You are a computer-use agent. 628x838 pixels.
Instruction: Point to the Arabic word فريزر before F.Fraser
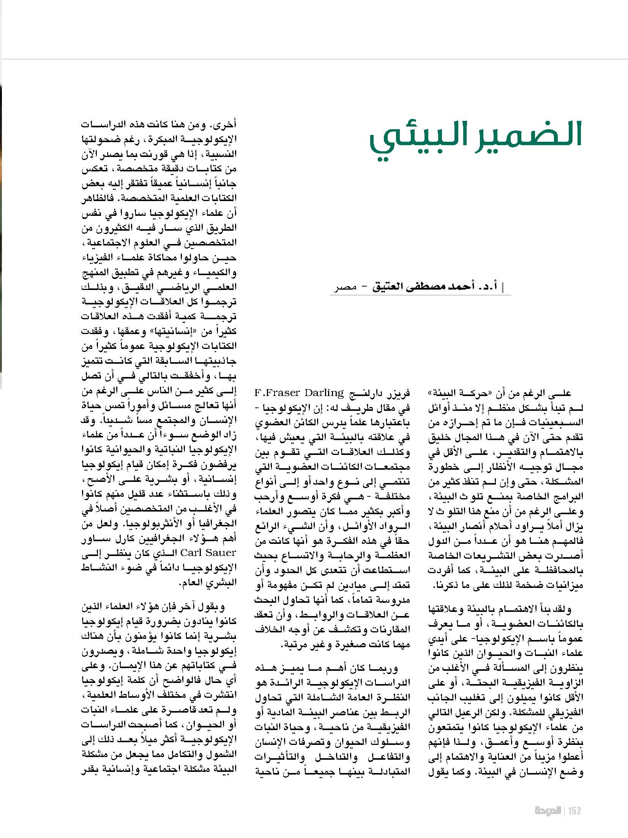pyautogui.click(x=399, y=393)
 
